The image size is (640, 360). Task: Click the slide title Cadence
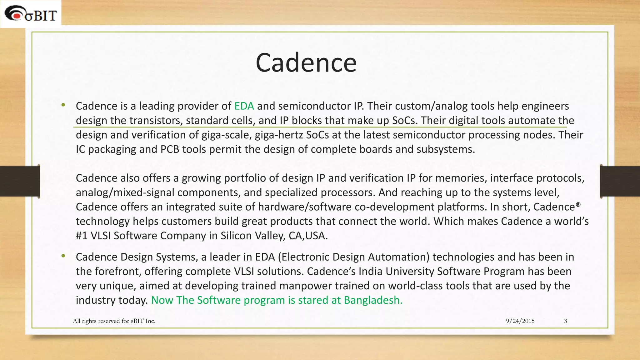pos(306,63)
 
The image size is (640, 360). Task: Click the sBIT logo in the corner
pos(31,14)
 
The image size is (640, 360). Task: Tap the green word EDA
pos(244,106)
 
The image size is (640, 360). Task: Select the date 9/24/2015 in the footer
pos(520,321)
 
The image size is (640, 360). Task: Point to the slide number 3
pos(565,321)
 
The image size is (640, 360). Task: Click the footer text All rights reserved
pos(114,321)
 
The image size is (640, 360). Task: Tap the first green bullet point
pos(63,105)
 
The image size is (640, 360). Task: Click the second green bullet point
pos(63,256)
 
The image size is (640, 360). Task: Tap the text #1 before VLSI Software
pos(82,236)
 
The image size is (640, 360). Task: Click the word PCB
pos(170,149)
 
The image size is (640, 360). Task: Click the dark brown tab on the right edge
pos(620,181)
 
